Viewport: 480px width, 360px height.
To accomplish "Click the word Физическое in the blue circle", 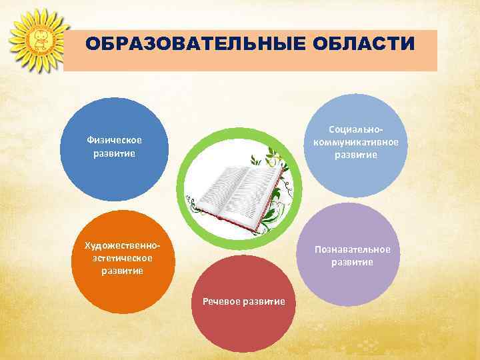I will [x=115, y=140].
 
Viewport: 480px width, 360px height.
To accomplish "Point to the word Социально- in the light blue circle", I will [x=356, y=130].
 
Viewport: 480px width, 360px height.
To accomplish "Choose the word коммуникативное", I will [x=356, y=142].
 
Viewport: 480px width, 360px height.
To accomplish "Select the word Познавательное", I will [x=353, y=249].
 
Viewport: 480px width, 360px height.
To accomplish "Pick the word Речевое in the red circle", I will [x=221, y=301].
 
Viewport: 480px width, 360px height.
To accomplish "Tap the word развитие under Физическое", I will [x=115, y=153].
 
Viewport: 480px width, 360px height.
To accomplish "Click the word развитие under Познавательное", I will [x=353, y=262].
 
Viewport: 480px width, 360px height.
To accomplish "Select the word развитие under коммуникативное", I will [x=356, y=155].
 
